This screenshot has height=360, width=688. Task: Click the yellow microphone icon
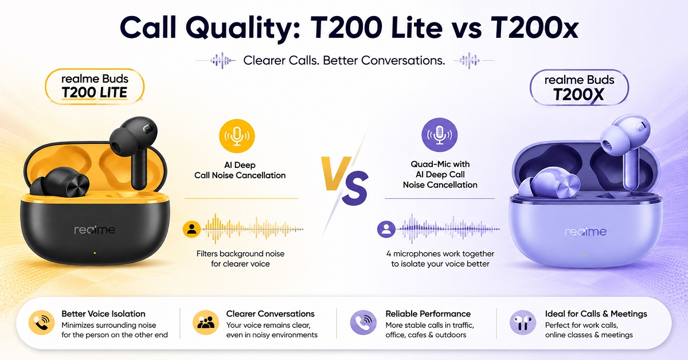pos(237,136)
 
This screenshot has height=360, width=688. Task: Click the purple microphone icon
pos(440,135)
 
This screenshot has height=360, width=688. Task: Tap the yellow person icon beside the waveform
pos(191,229)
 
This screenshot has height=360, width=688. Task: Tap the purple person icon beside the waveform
pos(386,229)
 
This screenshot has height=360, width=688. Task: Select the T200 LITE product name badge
pos(95,87)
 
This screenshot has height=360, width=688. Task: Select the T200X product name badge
pos(579,88)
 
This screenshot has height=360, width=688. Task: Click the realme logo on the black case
pos(95,229)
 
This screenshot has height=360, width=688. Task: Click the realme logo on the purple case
pos(586,231)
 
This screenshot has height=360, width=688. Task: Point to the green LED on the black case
pos(95,253)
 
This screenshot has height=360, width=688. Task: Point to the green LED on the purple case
pos(586,255)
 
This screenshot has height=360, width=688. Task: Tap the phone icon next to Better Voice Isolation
pos(41,323)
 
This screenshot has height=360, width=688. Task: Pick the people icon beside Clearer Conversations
pos(206,323)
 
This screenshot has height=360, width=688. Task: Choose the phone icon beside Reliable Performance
pos(363,323)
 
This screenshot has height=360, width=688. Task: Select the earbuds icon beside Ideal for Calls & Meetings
pos(523,323)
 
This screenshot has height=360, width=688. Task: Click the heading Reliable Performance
pos(428,314)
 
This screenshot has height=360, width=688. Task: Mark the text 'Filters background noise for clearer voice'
pos(240,259)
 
